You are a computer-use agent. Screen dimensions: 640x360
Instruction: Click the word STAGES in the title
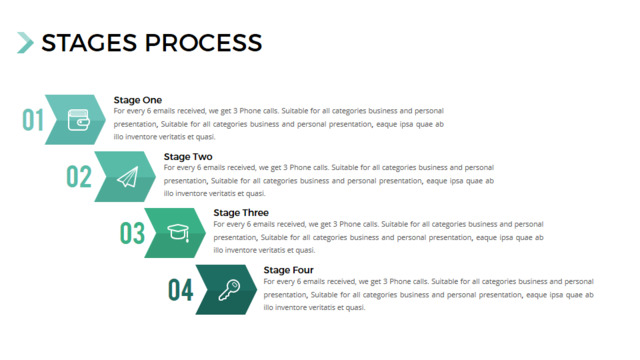click(89, 43)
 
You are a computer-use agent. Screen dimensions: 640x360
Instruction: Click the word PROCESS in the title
click(203, 43)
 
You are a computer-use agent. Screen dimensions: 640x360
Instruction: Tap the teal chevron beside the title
click(25, 42)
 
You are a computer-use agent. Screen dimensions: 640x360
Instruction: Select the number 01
click(33, 120)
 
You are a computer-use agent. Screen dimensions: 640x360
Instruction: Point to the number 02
click(79, 176)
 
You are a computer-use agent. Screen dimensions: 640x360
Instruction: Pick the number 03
click(132, 233)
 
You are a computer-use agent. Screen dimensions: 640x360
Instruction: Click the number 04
click(180, 290)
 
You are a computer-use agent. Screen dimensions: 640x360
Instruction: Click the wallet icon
click(78, 120)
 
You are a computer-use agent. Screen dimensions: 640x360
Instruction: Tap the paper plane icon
click(128, 177)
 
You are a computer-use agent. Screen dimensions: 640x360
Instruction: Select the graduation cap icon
click(178, 233)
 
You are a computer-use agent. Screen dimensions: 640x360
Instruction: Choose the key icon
click(229, 290)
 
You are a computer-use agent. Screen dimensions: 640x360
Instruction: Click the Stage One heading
click(138, 100)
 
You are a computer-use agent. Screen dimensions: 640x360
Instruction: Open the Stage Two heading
click(188, 157)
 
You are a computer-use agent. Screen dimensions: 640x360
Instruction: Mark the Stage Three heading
click(241, 213)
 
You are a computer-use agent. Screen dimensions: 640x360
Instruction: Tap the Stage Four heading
click(289, 270)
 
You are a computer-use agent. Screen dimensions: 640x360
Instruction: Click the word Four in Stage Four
click(302, 270)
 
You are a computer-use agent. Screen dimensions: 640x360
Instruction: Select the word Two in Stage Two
click(202, 157)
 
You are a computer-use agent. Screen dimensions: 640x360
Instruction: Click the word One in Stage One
click(152, 100)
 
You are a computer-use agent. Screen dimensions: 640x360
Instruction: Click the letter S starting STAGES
click(48, 43)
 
